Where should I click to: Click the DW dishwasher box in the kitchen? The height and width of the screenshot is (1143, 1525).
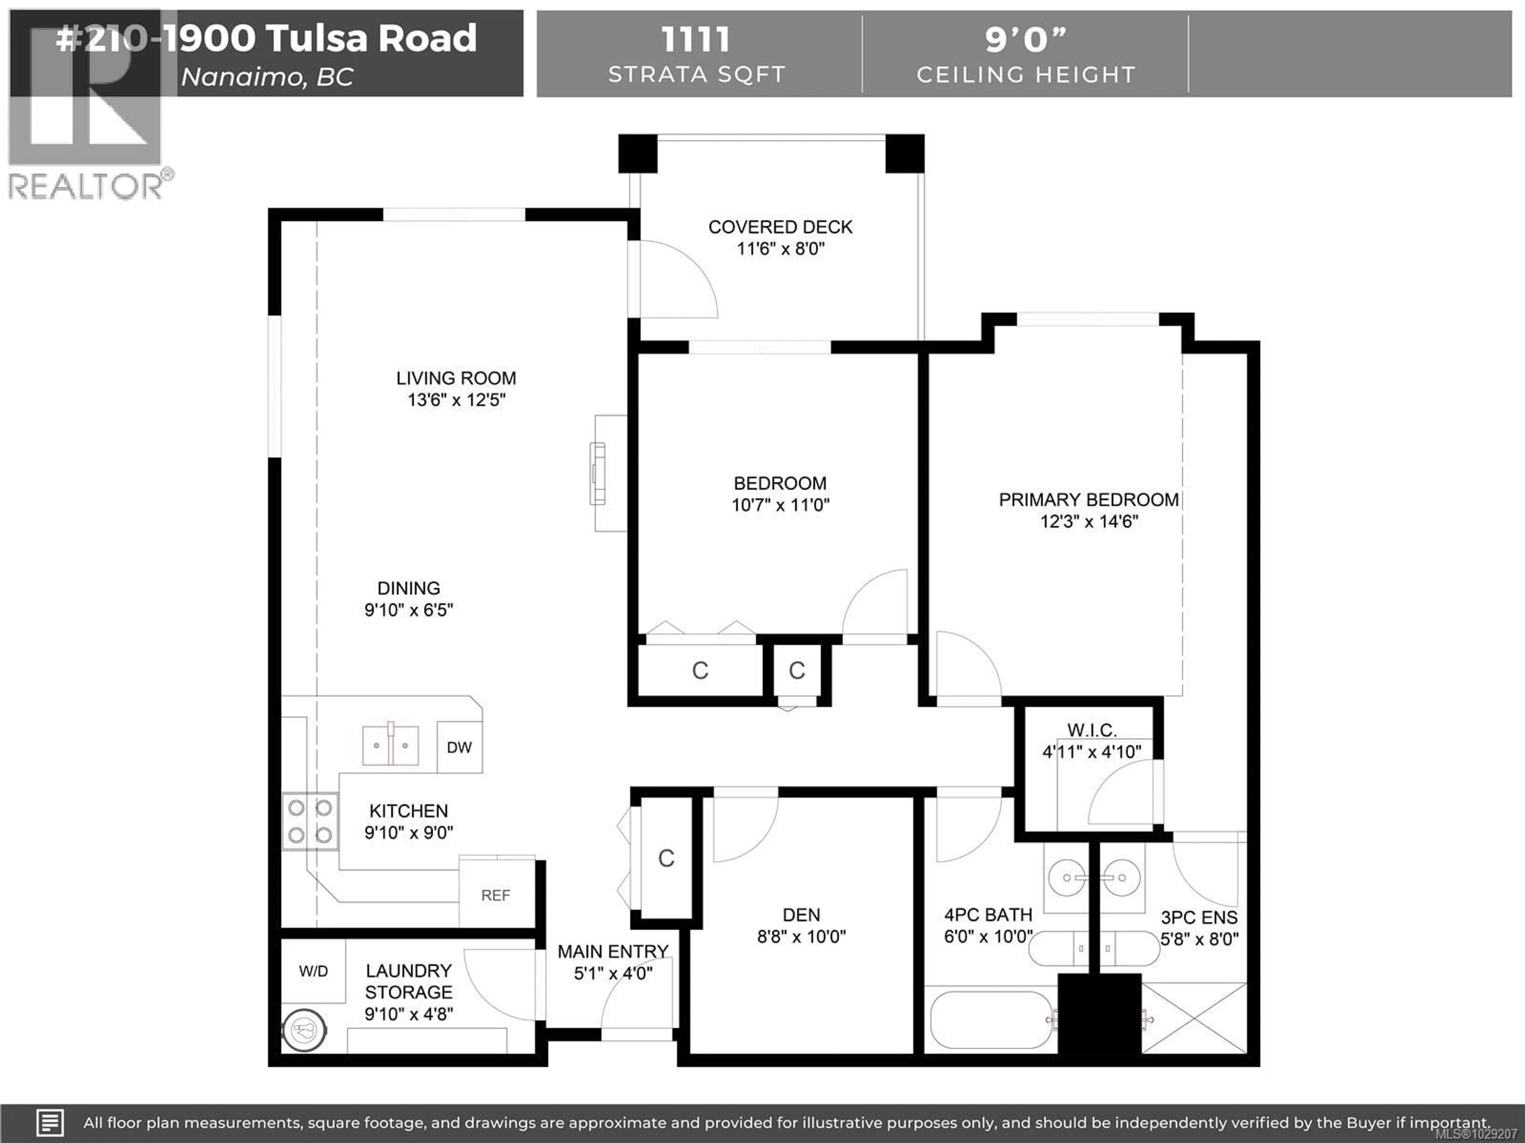point(459,747)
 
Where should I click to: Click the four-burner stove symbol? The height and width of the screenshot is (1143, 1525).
point(309,821)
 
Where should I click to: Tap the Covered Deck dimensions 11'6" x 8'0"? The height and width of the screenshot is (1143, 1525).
point(780,249)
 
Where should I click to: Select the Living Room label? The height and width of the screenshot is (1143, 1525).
point(456,378)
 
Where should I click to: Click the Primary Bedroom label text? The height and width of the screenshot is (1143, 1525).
point(1089,500)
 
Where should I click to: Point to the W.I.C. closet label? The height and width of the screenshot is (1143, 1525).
point(1091,729)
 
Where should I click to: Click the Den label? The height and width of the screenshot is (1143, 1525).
point(801,914)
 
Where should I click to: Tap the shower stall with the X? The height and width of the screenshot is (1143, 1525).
point(1194,1018)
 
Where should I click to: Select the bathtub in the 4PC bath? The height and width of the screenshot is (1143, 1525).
point(991,1020)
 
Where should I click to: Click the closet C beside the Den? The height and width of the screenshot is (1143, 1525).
point(666,858)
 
